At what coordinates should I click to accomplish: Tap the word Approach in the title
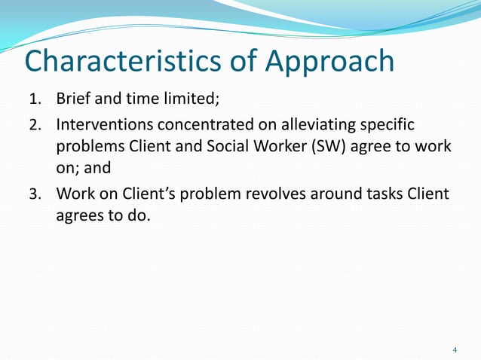pyautogui.click(x=329, y=61)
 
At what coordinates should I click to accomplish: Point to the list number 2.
pyautogui.click(x=35, y=124)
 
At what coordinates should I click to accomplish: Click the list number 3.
pyautogui.click(x=35, y=194)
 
